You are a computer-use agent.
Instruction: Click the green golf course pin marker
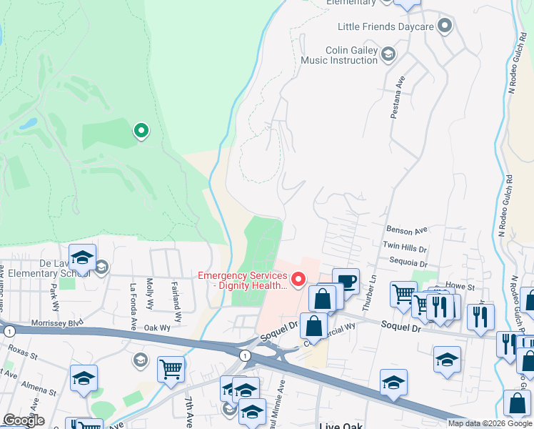click(x=141, y=131)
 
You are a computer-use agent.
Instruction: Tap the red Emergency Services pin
click(x=298, y=278)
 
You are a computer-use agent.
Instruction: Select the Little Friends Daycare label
click(x=386, y=27)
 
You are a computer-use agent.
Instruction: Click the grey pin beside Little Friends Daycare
click(x=445, y=27)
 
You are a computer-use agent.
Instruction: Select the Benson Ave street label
click(x=406, y=230)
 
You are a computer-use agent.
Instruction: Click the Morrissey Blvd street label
click(x=58, y=322)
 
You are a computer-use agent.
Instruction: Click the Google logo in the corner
click(x=23, y=420)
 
